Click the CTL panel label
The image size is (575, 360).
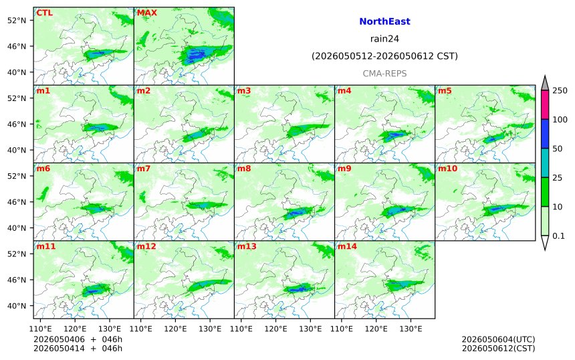pos(44,13)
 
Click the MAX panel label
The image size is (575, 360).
pos(146,13)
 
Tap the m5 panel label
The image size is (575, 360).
pos(445,90)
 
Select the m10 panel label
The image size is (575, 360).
pos(447,169)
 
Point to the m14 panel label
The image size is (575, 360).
pos(347,246)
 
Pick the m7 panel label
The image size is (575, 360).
pos(144,169)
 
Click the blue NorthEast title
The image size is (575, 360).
pos(384,21)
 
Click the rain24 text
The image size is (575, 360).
pos(384,39)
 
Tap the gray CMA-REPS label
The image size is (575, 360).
pos(384,74)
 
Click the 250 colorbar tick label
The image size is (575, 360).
pos(560,90)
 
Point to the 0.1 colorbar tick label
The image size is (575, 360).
pos(558,236)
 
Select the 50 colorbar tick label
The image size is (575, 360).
pos(558,149)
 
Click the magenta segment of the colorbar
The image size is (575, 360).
pos(545,104)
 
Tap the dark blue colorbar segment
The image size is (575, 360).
pos(545,134)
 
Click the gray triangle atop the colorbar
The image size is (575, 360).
pos(545,83)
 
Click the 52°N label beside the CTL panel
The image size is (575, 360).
pos(17,21)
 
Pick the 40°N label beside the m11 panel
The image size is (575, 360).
pos(17,306)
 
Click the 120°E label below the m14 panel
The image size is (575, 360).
pos(376,329)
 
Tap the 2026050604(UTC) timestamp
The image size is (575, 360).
pos(498,339)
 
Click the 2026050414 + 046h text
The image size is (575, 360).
pos(78,349)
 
